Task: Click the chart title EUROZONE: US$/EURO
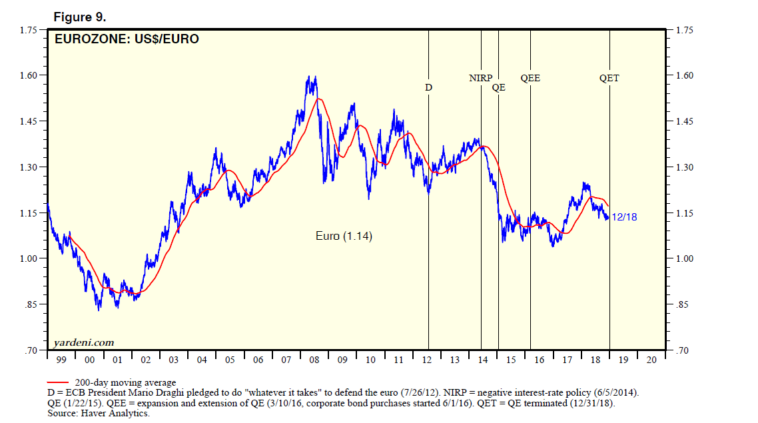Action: (x=127, y=39)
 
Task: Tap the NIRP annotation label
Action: (x=480, y=78)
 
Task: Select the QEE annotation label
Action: (x=530, y=78)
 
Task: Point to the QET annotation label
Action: (x=609, y=78)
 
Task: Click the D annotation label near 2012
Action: (x=428, y=87)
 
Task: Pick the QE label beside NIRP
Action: (x=498, y=87)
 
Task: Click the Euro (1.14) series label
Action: (x=343, y=236)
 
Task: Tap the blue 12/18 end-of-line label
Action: (x=624, y=216)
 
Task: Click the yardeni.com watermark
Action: (x=83, y=343)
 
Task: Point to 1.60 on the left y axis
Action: (x=28, y=75)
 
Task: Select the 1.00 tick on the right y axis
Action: (x=686, y=258)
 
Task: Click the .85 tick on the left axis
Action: (x=31, y=304)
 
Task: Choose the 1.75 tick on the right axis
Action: (x=686, y=30)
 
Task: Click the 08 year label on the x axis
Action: (x=314, y=360)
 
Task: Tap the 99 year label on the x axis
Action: (x=61, y=360)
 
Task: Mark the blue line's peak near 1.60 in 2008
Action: (x=314, y=77)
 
